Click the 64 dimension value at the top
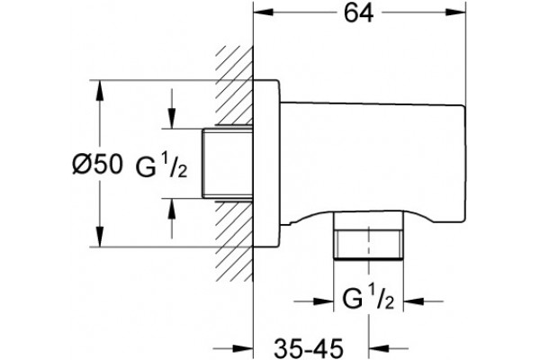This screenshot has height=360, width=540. point(359,14)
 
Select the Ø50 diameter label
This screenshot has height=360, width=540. point(97,164)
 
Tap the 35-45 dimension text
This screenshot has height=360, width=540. point(309,348)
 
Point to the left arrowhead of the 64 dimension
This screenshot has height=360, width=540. point(263,12)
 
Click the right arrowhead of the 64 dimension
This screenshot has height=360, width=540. point(456,12)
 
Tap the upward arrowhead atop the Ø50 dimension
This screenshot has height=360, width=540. point(100,91)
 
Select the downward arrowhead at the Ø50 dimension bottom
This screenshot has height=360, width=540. point(100,237)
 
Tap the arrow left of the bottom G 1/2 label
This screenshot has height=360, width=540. point(314,301)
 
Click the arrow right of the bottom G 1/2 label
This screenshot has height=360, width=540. point(423,301)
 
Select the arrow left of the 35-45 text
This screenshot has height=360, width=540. point(233,349)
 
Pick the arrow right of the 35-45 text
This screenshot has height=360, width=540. point(389,349)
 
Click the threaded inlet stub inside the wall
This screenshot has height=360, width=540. point(228,164)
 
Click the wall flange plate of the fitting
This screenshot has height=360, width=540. point(266,164)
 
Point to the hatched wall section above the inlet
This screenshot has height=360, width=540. point(235,85)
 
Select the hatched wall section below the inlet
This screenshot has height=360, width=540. point(235,241)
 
